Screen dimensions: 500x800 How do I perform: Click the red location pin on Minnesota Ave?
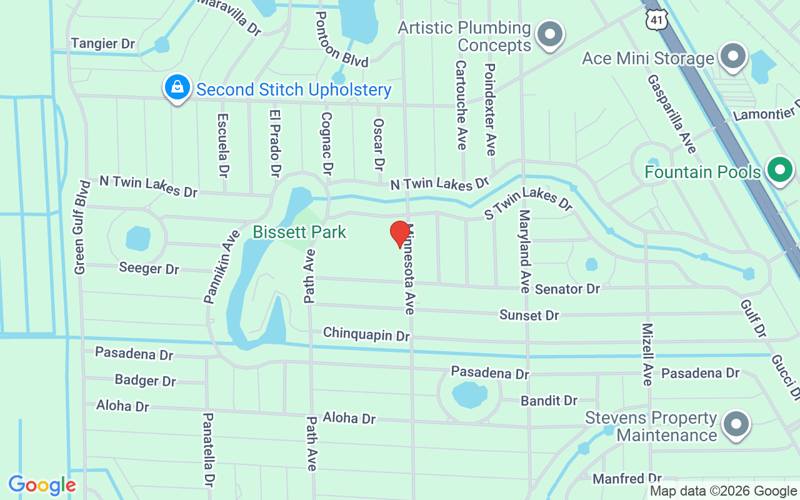(400, 234)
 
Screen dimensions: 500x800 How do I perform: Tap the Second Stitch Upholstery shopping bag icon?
(177, 88)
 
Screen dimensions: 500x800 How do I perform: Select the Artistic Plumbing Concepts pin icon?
(550, 35)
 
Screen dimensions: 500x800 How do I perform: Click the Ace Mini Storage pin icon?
(733, 57)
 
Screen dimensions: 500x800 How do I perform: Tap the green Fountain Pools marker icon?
(779, 171)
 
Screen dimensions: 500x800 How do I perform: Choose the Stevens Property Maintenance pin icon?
(736, 425)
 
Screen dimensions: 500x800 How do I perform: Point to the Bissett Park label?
(299, 232)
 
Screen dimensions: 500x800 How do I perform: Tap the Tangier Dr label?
(103, 43)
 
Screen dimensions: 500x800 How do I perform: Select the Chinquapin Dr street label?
(366, 334)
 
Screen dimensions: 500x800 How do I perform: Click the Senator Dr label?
(567, 289)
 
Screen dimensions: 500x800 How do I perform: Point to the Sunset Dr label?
(529, 315)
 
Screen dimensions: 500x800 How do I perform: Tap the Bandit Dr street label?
(549, 401)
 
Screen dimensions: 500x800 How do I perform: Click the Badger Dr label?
(146, 380)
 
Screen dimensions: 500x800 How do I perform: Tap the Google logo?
(42, 485)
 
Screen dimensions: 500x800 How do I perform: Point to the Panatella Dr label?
(209, 449)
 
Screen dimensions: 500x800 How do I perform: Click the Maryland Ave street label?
(524, 252)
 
